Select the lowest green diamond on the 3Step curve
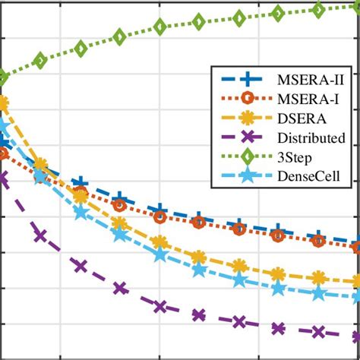(2, 77)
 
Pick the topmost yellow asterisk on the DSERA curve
(2, 103)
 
